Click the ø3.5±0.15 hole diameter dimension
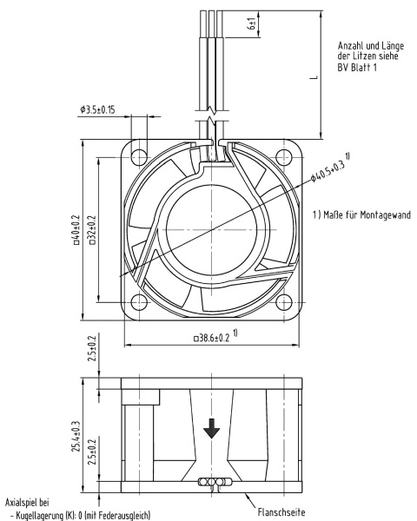[97, 109]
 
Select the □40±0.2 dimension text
[76, 229]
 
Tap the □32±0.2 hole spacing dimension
[92, 230]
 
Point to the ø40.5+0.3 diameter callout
[330, 168]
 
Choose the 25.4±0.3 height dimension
[76, 436]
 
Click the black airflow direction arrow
[211, 429]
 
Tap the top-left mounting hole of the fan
[139, 156]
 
